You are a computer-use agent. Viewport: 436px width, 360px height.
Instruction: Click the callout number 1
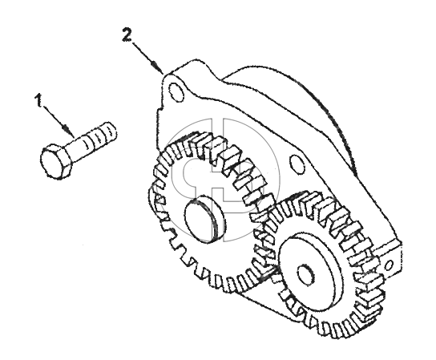coord(39,100)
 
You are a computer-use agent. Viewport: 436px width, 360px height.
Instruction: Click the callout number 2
coord(127,34)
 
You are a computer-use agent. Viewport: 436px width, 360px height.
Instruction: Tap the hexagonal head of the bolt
coord(56,162)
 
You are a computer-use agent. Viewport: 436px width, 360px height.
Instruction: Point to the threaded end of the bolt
coord(102,136)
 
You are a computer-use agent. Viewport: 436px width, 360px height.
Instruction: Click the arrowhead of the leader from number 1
coord(67,129)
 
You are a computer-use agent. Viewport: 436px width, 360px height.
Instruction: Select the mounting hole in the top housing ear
coord(176,91)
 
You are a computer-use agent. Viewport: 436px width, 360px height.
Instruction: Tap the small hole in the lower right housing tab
coord(390,265)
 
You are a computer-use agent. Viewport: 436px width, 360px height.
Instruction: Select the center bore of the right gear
coord(306,274)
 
